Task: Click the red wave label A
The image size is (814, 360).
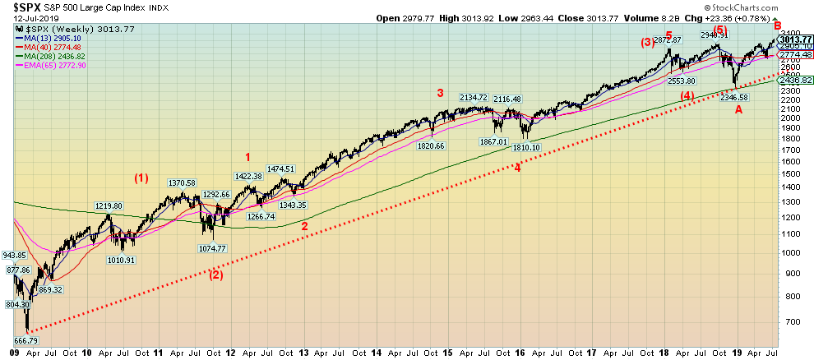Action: pyautogui.click(x=738, y=110)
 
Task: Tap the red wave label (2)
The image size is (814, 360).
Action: pyautogui.click(x=215, y=275)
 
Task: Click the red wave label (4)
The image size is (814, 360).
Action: pyautogui.click(x=687, y=95)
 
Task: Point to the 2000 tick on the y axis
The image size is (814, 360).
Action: pyautogui.click(x=791, y=118)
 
